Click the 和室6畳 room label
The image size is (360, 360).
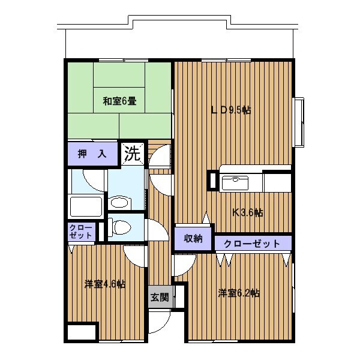119,101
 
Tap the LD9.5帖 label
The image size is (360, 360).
231,110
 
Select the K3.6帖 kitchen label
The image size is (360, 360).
248,213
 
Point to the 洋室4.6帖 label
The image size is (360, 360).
105,284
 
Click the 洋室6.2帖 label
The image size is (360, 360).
239,293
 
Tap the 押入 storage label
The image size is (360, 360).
92,154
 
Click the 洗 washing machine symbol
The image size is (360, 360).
133,154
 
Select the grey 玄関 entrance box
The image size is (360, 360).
160,297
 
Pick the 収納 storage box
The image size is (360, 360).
193,239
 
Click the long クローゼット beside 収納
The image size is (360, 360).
253,243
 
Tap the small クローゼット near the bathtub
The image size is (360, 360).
81,232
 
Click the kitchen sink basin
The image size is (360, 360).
235,183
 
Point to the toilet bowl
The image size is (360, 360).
119,227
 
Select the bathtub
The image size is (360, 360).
86,206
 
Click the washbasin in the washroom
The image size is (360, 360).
120,203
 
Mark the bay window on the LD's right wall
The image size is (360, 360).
298,122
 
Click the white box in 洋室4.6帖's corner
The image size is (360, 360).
82,332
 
